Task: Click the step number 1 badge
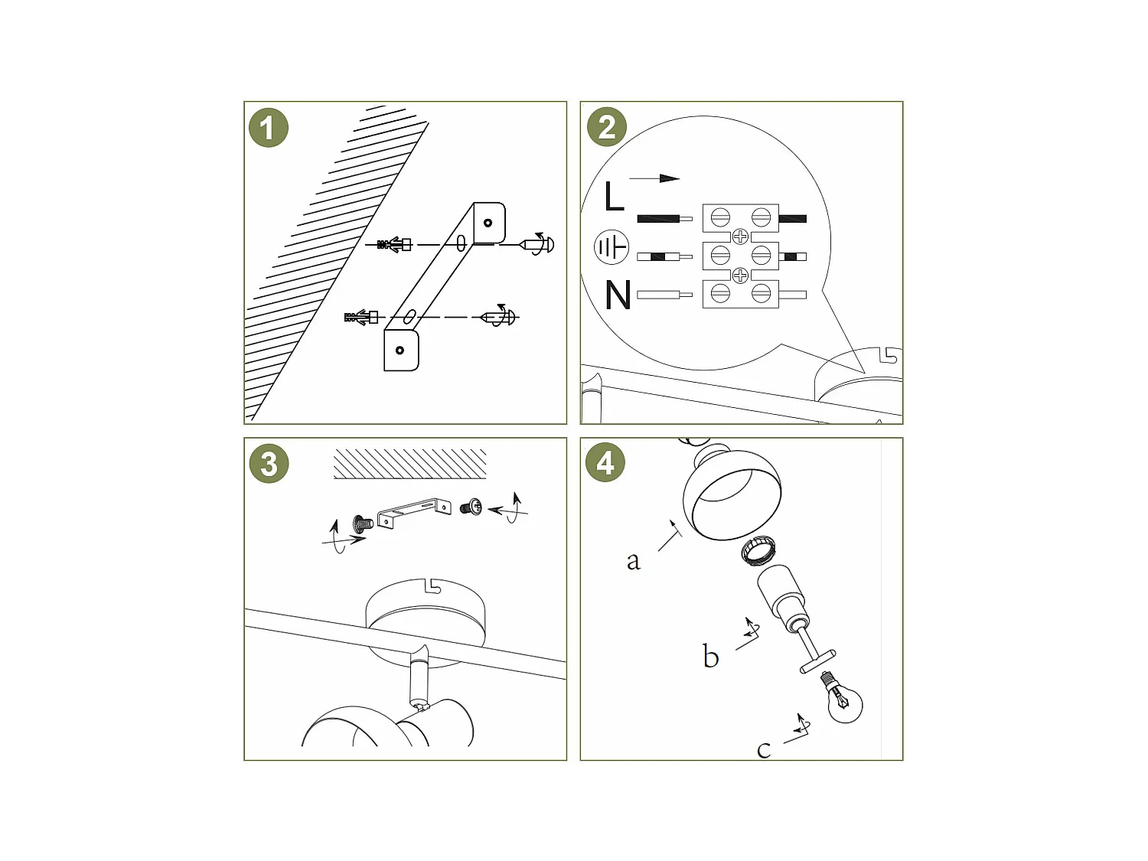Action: [x=268, y=128]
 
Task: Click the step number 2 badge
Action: [x=606, y=127]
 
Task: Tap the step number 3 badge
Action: [x=269, y=464]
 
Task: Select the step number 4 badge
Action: [x=605, y=462]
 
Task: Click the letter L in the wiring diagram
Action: [x=614, y=197]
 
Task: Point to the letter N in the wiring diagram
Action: [x=618, y=295]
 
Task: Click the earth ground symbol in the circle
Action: [x=612, y=247]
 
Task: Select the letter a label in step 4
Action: [x=633, y=561]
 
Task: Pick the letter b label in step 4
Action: [x=710, y=657]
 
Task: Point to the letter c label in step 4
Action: [x=763, y=749]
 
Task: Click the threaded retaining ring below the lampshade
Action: [x=758, y=550]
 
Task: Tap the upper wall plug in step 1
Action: [x=395, y=245]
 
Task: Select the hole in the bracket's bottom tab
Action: [x=400, y=351]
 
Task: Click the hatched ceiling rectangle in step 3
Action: [x=410, y=465]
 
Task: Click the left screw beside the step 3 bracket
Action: [x=363, y=523]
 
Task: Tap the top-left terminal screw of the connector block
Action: [x=720, y=218]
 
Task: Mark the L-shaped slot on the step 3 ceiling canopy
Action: [x=432, y=586]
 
